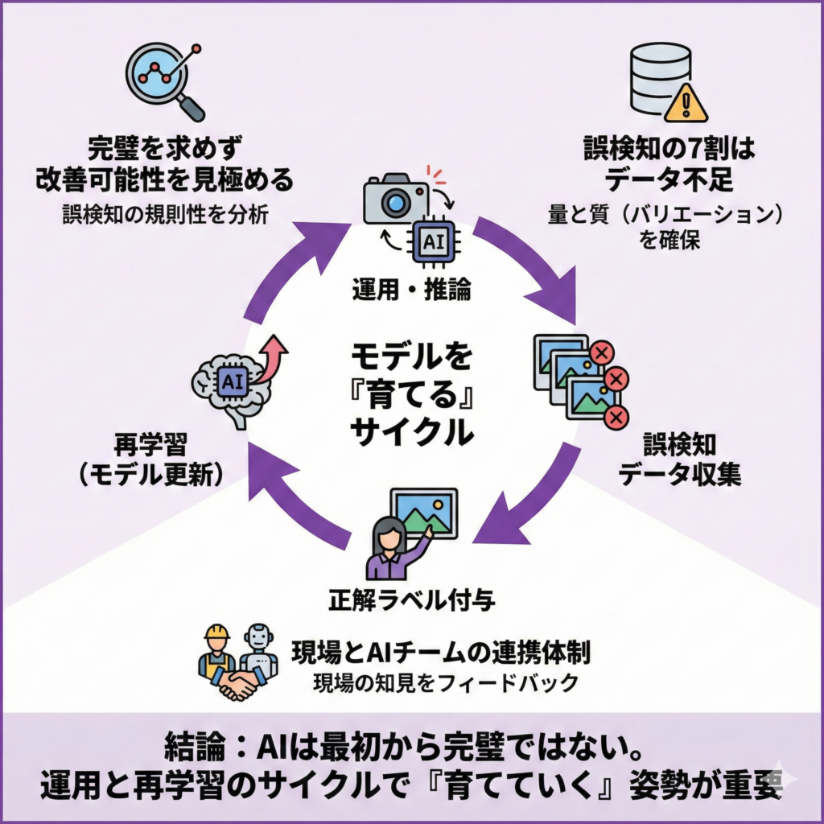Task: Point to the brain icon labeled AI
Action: [231, 384]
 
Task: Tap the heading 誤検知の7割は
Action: [669, 150]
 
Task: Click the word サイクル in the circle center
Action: [411, 431]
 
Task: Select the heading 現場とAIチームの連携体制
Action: [440, 653]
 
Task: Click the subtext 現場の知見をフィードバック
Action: [445, 683]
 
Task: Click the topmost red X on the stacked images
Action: [601, 352]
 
